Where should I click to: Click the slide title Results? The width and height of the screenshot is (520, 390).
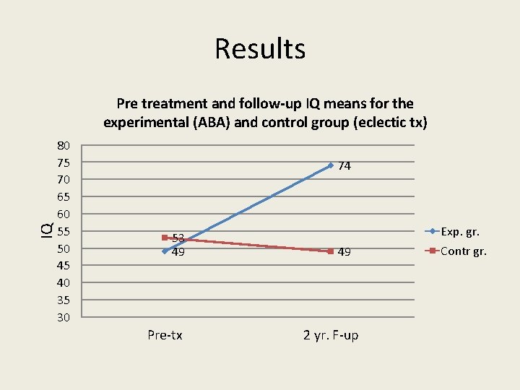pos(260,49)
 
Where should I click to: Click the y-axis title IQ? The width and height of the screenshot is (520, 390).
pos(45,230)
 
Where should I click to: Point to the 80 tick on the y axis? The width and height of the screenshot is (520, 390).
pos(64,145)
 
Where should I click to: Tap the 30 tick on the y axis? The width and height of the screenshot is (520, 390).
pos(64,318)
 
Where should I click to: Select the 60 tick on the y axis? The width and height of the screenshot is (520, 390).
pos(64,214)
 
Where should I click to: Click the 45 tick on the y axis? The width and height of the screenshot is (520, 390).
pos(64,266)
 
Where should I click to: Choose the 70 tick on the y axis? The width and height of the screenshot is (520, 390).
pos(64,179)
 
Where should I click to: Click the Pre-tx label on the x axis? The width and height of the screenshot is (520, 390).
pos(165,335)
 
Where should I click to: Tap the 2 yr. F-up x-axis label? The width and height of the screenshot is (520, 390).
pos(331,335)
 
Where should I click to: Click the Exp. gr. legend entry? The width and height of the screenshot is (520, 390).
pos(459,232)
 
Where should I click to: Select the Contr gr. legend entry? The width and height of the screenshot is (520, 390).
pos(462,251)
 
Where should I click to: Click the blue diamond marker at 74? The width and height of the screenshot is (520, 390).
pos(330,165)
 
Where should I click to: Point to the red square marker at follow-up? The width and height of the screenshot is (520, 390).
pos(330,251)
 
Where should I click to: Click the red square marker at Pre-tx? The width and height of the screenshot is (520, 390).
pos(165,237)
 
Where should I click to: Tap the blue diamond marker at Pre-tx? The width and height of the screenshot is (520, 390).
pos(165,251)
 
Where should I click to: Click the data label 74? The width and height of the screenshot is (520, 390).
pos(344,166)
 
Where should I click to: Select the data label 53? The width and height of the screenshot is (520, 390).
pos(178,238)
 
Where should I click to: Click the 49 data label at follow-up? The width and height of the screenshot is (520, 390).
pos(344,252)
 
